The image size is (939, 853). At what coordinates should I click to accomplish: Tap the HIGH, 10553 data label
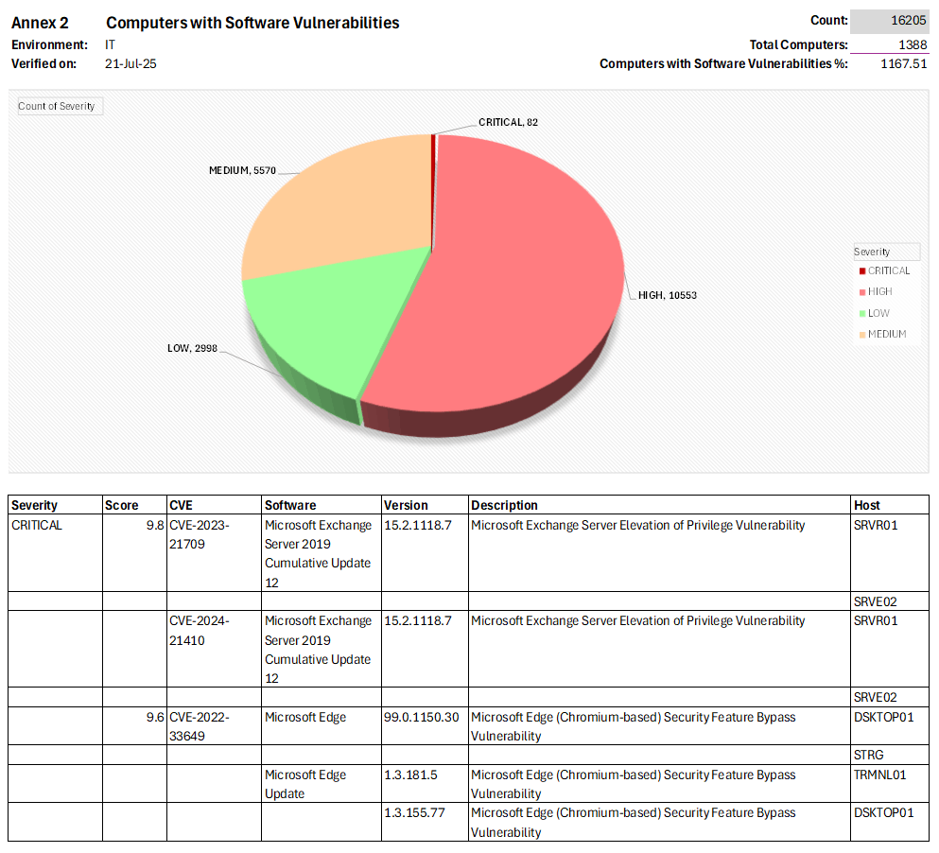coord(668,295)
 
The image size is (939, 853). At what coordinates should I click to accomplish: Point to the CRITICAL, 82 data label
coord(508,122)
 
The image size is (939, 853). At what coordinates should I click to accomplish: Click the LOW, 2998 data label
coord(192,349)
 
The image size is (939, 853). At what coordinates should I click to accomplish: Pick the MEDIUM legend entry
coord(886,334)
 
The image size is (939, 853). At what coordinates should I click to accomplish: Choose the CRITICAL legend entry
coord(888,270)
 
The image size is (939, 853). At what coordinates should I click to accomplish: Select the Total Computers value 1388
coord(912,44)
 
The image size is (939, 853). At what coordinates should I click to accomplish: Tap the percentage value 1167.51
coord(903,64)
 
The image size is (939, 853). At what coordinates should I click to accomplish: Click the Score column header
coord(121,505)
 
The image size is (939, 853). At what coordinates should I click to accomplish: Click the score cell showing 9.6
coord(154,717)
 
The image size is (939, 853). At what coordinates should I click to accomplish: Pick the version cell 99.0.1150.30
coord(422,717)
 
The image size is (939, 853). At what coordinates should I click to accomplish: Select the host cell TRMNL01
coord(879,775)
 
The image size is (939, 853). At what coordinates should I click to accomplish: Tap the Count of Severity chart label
coord(58,106)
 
